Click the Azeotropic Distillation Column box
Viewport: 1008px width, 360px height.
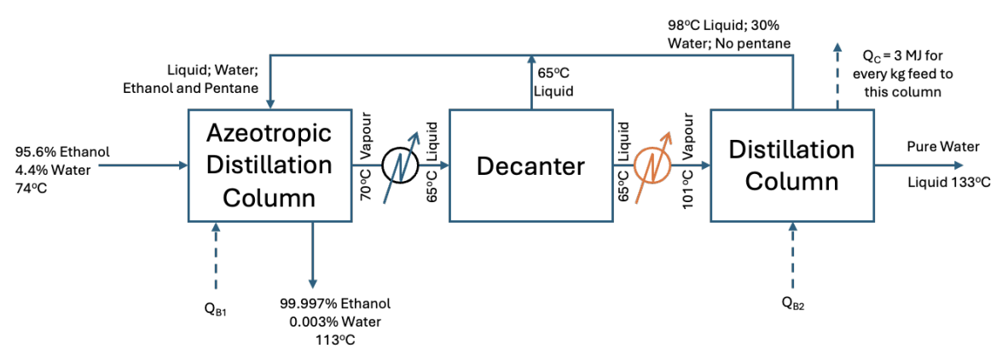coord(269,165)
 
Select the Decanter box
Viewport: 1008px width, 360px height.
coord(530,165)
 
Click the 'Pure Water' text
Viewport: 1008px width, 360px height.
coord(942,147)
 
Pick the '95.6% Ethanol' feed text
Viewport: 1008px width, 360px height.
coord(62,152)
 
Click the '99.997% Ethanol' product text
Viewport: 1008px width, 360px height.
coord(335,304)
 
